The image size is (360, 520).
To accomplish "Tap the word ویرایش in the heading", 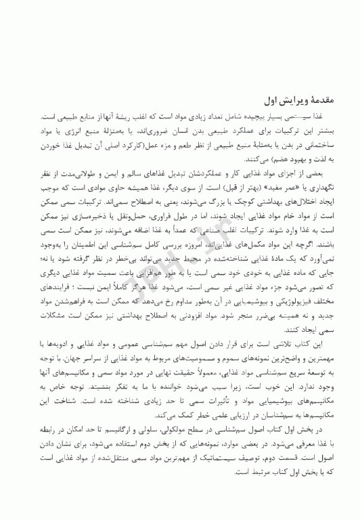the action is coord(284,99).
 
